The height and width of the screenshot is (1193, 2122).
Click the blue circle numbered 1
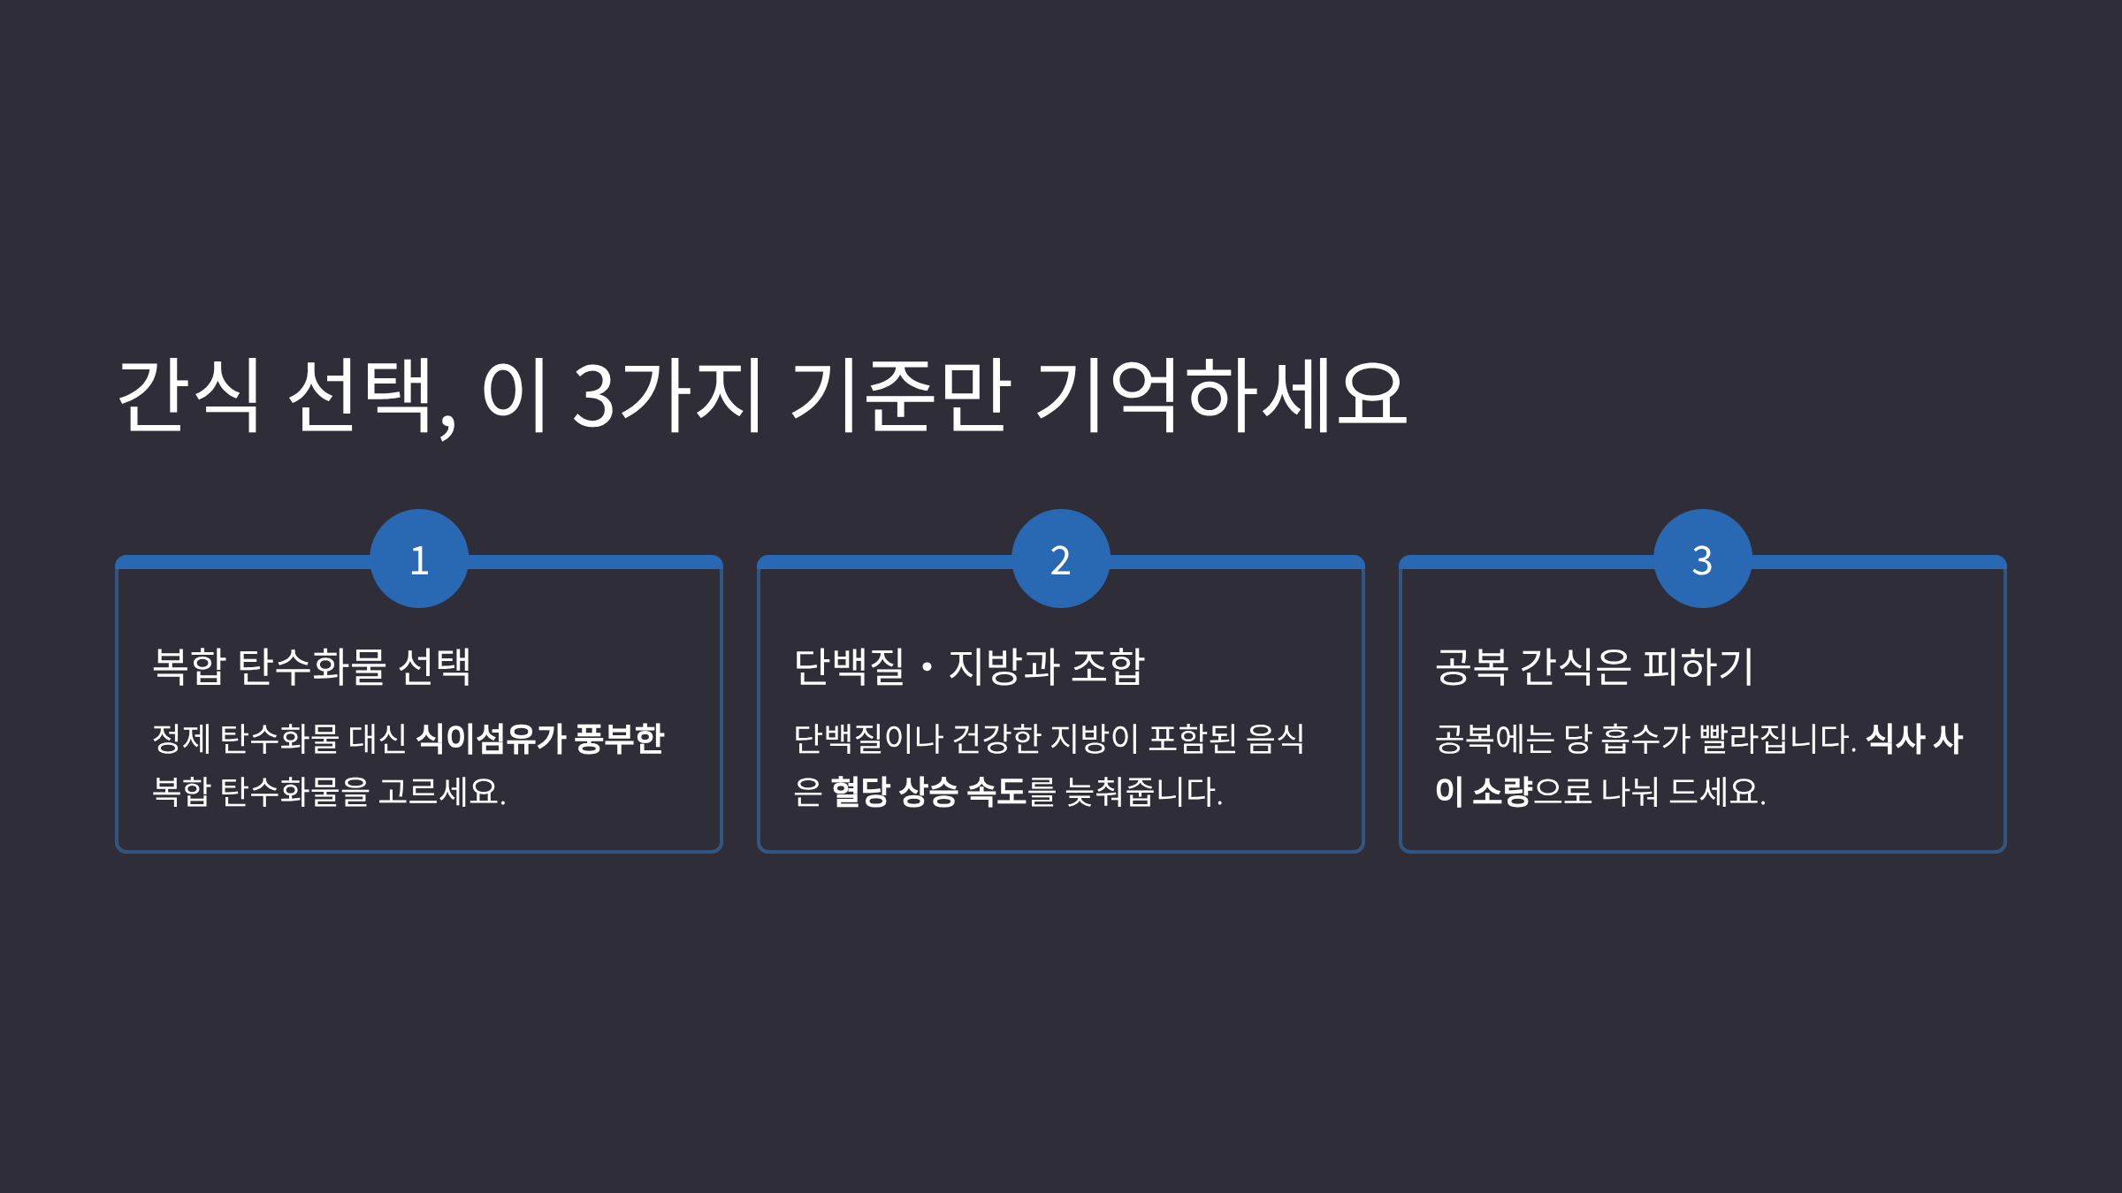pyautogui.click(x=419, y=559)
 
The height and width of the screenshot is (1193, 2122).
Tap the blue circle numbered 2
pyautogui.click(x=1061, y=559)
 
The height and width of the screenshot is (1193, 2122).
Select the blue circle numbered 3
pyautogui.click(x=1703, y=559)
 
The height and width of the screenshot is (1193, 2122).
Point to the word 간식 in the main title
pyautogui.click(x=188, y=396)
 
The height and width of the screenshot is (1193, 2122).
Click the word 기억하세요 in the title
pyautogui.click(x=1221, y=396)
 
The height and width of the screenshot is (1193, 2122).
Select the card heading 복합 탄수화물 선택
pyautogui.click(x=311, y=666)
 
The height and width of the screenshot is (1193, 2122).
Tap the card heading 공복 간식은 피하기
pyautogui.click(x=1593, y=666)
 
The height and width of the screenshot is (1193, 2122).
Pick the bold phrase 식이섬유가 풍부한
pyautogui.click(x=539, y=739)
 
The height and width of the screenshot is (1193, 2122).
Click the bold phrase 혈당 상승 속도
pyautogui.click(x=928, y=792)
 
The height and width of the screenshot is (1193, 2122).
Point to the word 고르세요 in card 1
pyautogui.click(x=442, y=792)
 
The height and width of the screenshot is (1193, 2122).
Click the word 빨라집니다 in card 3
pyautogui.click(x=1777, y=739)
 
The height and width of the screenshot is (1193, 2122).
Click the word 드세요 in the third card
pyautogui.click(x=1716, y=792)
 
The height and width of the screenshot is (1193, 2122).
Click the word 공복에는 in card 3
pyautogui.click(x=1494, y=739)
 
